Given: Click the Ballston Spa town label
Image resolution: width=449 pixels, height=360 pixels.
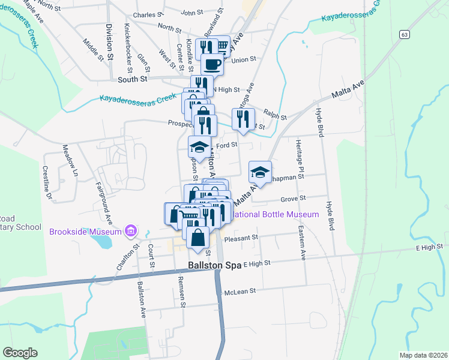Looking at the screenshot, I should click(214, 265).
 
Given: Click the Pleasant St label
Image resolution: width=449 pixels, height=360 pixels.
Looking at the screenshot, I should click(241, 238).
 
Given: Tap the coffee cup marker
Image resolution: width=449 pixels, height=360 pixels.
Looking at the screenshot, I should click(211, 63).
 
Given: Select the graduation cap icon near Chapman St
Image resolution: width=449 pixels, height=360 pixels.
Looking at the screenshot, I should click(260, 172).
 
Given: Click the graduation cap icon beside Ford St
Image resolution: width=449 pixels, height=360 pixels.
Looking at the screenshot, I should click(200, 146).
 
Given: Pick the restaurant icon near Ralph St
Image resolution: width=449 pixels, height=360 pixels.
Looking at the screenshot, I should click(243, 119).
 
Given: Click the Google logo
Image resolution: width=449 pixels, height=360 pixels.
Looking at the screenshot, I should click(20, 352).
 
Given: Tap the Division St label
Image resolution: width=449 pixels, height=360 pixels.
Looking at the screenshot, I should click(109, 41).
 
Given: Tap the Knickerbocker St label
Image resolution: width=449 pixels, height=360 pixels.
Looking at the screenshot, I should click(128, 45).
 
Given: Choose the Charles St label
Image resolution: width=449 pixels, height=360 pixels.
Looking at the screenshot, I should click(148, 14).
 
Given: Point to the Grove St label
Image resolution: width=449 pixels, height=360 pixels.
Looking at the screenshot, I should click(294, 198).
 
